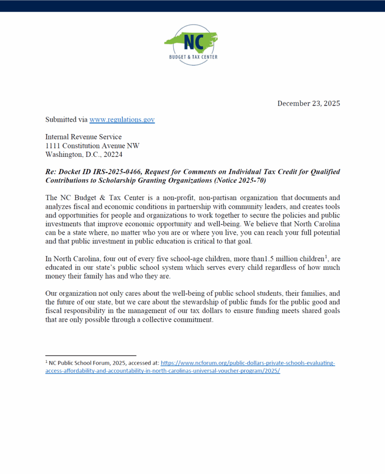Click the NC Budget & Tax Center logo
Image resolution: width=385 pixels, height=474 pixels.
coord(191,44)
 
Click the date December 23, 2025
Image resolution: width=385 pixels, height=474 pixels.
coord(309,103)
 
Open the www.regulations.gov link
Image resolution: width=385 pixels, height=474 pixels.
coord(122,119)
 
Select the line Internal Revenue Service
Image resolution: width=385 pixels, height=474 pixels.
coord(83,137)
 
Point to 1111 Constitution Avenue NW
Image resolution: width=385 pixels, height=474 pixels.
coord(92,145)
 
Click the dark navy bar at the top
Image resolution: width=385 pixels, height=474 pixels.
coord(192,6)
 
